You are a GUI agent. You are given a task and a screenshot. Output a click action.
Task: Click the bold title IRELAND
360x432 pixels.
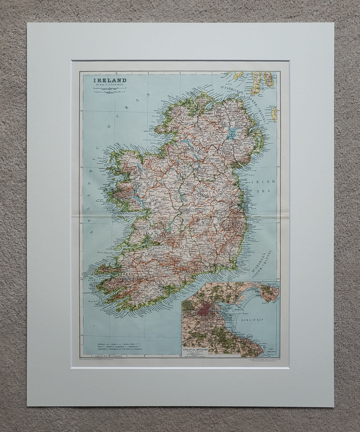coord(105,80)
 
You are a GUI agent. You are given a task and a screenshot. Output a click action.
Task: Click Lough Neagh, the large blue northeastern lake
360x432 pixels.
coord(232,133)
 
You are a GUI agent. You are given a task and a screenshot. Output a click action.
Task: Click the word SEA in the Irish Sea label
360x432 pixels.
coord(264,191)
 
